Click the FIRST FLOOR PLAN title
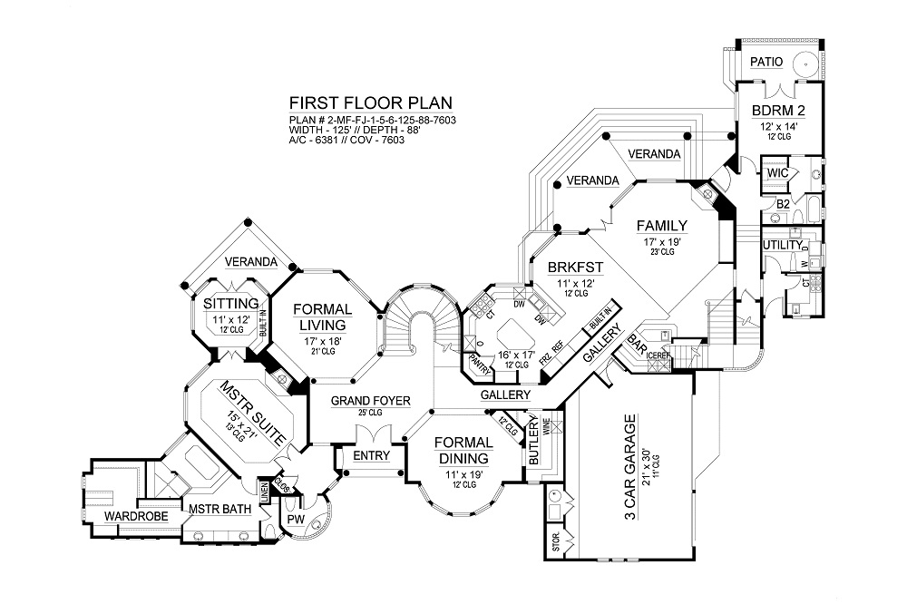pyautogui.click(x=370, y=102)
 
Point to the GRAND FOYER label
pyautogui.click(x=370, y=400)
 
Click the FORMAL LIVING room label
pyautogui.click(x=323, y=317)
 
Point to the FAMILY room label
pyautogui.click(x=661, y=226)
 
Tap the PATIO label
pyautogui.click(x=768, y=62)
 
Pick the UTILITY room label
pyautogui.click(x=782, y=245)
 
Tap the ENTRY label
pyautogui.click(x=371, y=455)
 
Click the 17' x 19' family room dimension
pyautogui.click(x=661, y=242)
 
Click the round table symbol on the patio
pyautogui.click(x=804, y=63)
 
